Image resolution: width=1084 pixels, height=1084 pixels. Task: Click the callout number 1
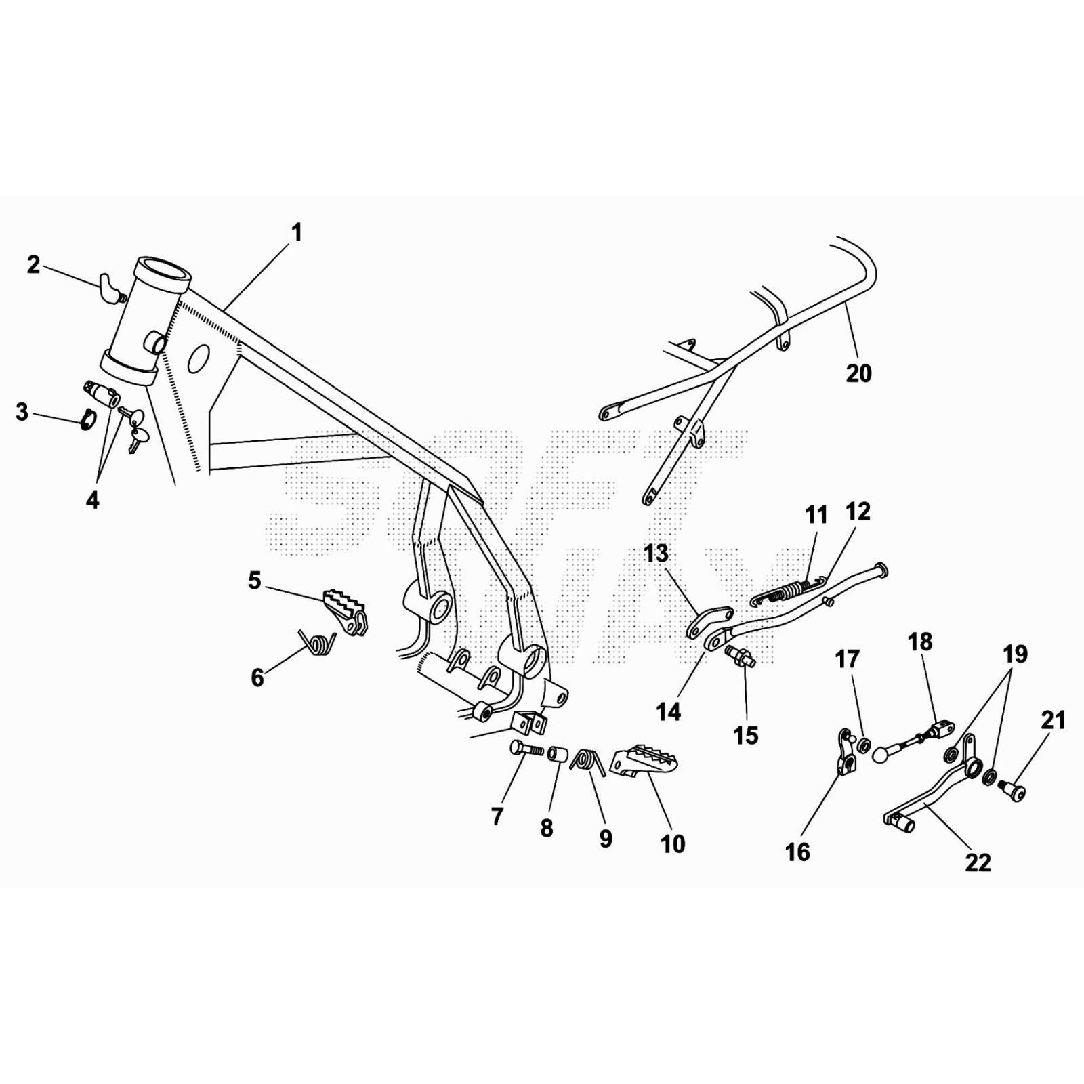coord(296,233)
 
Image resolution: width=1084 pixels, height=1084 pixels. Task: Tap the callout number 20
coord(858,373)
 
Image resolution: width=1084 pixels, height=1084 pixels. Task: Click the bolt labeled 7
coord(524,749)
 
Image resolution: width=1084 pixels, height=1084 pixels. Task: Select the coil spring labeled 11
coord(786,592)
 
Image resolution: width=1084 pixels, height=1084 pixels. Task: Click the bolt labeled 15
coord(740,656)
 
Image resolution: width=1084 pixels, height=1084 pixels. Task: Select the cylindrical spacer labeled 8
coord(558,754)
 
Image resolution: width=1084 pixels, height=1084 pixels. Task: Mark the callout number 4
coord(93,500)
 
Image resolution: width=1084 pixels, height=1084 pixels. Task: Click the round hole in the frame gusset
coord(199,358)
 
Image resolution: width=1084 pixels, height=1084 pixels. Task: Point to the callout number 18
coord(920,642)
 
